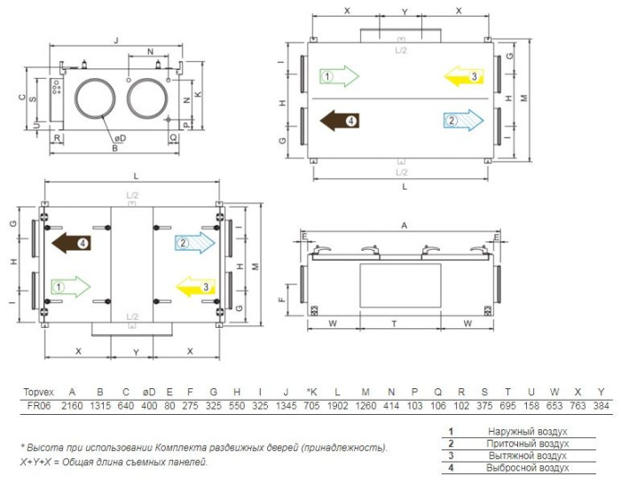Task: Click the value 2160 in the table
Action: pos(72,406)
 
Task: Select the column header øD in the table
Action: pos(149,392)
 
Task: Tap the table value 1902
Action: pos(337,406)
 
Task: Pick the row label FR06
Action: pos(39,406)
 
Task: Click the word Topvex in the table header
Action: pos(38,392)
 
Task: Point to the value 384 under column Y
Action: pos(601,406)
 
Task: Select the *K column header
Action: pos(312,392)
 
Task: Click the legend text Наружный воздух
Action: pos(528,432)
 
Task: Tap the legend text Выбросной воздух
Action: pos(528,468)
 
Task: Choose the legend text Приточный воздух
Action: pos(528,444)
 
